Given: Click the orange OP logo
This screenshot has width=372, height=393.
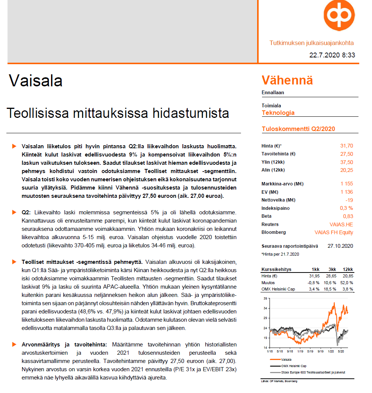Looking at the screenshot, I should [x=339, y=16].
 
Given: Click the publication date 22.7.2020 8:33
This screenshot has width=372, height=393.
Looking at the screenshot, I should [x=332, y=55].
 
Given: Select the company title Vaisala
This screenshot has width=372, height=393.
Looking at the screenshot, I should [x=36, y=81].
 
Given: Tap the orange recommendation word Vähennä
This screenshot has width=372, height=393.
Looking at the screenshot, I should [x=287, y=80].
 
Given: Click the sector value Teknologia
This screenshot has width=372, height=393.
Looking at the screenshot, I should [x=278, y=113].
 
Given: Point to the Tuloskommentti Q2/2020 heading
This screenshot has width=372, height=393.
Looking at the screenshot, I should [x=298, y=129].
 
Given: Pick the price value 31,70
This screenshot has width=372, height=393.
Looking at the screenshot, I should [x=346, y=146].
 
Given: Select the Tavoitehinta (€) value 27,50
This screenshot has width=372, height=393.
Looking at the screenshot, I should [x=346, y=154].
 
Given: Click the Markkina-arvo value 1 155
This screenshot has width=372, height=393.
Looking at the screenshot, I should [x=346, y=184].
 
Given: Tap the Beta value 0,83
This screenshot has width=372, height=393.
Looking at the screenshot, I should [x=348, y=216].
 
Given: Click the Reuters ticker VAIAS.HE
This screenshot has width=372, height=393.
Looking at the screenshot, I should [x=341, y=224].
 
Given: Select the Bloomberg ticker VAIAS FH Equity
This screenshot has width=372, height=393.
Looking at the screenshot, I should [x=334, y=232].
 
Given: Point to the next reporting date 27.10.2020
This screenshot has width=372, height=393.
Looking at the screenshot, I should [x=340, y=246].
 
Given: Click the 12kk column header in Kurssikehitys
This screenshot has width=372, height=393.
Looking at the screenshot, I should [x=348, y=270].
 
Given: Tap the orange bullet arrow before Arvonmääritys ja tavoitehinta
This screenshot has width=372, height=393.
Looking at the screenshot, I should [x=14, y=344].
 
